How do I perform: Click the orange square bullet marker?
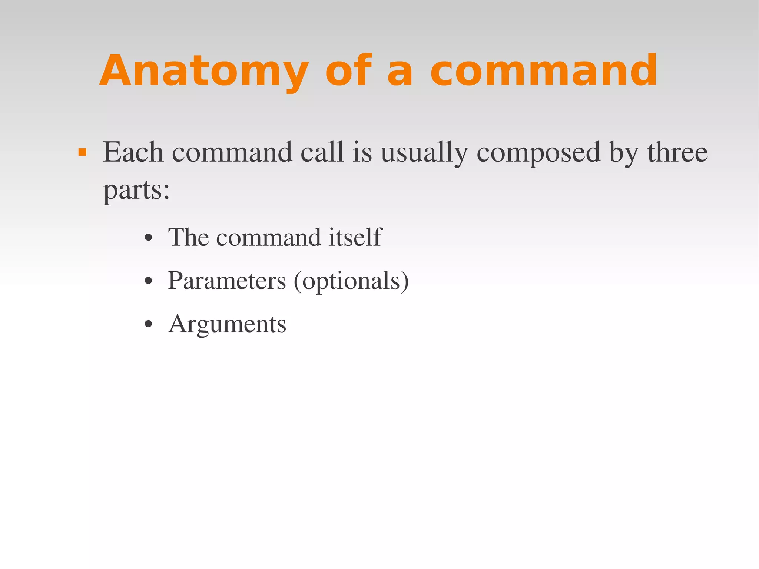[82, 152]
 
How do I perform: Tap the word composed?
[538, 153]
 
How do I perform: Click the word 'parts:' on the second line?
[136, 191]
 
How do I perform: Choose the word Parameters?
[227, 281]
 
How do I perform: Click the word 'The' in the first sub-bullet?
[188, 237]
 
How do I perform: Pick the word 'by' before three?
[624, 153]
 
